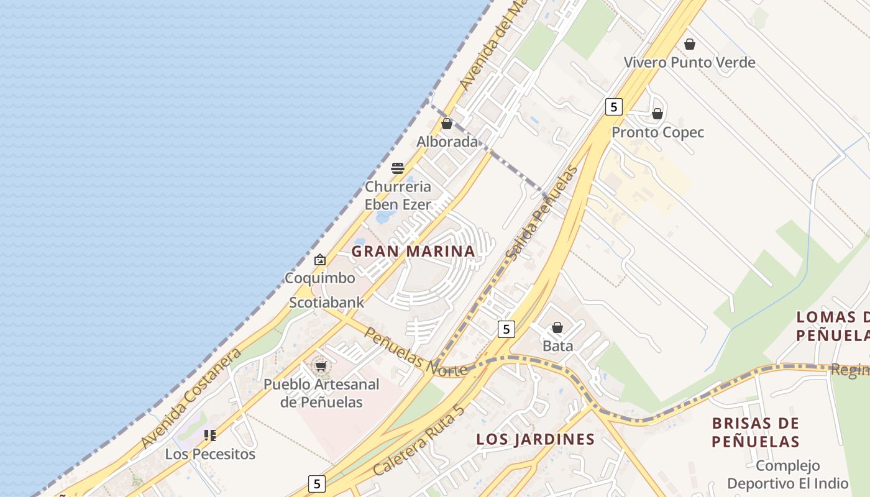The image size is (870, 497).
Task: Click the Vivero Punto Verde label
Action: point(689,62)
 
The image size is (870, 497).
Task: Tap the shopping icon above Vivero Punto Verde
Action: point(689,44)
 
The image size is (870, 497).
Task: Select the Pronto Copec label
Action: point(657,132)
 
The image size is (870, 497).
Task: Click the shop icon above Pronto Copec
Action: point(657,114)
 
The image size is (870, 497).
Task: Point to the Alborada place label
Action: point(447,142)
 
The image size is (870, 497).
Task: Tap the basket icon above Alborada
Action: point(447,124)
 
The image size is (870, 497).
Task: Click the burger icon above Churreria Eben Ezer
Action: point(398,168)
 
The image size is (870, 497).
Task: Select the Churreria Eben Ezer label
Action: point(398,195)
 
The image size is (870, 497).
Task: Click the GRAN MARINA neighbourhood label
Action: point(413,252)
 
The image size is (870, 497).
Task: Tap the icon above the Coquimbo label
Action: point(320,260)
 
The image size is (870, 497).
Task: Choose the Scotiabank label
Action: point(327,303)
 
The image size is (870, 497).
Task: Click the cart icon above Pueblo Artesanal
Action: point(321,366)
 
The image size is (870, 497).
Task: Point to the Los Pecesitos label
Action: point(210,454)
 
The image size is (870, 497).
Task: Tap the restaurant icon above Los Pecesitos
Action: point(210,435)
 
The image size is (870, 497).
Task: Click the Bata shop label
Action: point(558,346)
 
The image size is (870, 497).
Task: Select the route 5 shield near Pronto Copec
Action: point(613,107)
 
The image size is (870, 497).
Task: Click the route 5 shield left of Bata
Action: point(506,329)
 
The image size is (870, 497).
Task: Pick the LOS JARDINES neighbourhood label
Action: point(535,439)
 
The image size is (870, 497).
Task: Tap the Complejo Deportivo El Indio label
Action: point(788,475)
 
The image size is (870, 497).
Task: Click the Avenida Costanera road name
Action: point(191,398)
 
